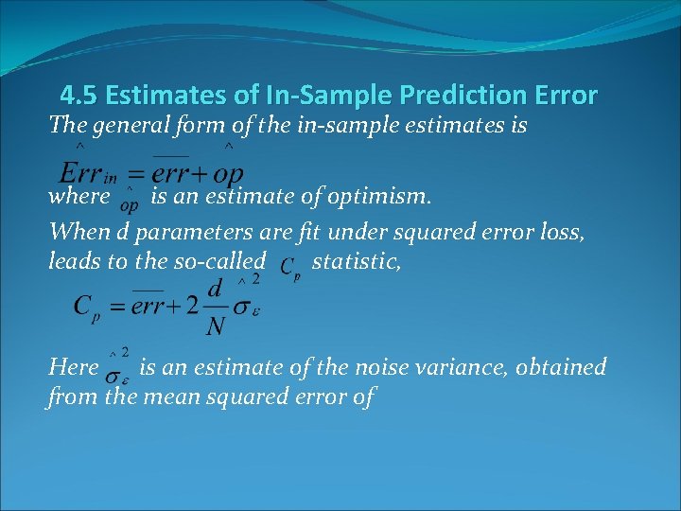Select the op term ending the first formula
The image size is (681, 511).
pyautogui.click(x=229, y=175)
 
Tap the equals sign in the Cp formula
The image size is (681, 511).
pyautogui.click(x=118, y=307)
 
